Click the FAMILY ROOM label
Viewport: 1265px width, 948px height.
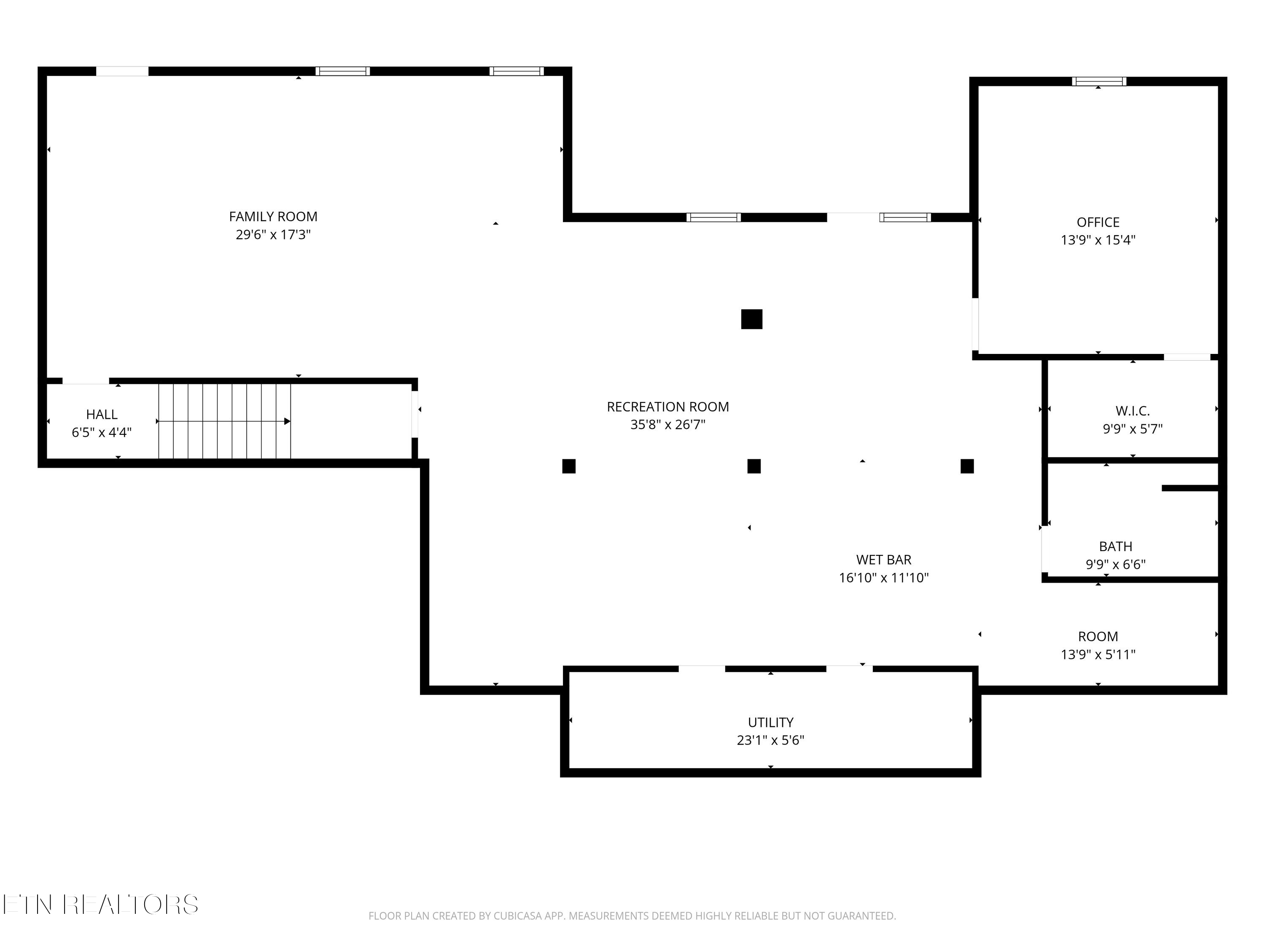click(x=273, y=217)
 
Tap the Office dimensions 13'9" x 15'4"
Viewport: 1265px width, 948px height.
click(x=1098, y=240)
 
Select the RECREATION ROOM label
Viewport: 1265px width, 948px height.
click(x=667, y=407)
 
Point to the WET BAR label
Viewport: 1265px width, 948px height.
click(x=883, y=560)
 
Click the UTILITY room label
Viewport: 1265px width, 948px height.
click(x=770, y=722)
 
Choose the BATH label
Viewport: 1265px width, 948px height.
click(x=1115, y=547)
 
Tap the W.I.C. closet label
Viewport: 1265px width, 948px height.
click(x=1132, y=411)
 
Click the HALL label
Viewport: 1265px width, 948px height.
click(x=102, y=414)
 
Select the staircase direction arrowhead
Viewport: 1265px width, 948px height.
click(x=288, y=421)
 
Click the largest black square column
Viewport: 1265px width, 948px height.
click(x=751, y=319)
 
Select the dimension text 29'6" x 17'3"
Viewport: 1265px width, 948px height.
click(x=273, y=235)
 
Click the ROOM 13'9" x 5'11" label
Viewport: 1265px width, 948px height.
click(x=1098, y=645)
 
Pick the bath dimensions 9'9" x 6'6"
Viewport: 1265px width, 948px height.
click(x=1115, y=565)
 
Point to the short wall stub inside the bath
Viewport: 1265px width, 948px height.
click(x=1190, y=488)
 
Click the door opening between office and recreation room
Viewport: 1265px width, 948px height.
click(x=975, y=324)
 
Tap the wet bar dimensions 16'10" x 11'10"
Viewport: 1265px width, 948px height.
click(x=883, y=578)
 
